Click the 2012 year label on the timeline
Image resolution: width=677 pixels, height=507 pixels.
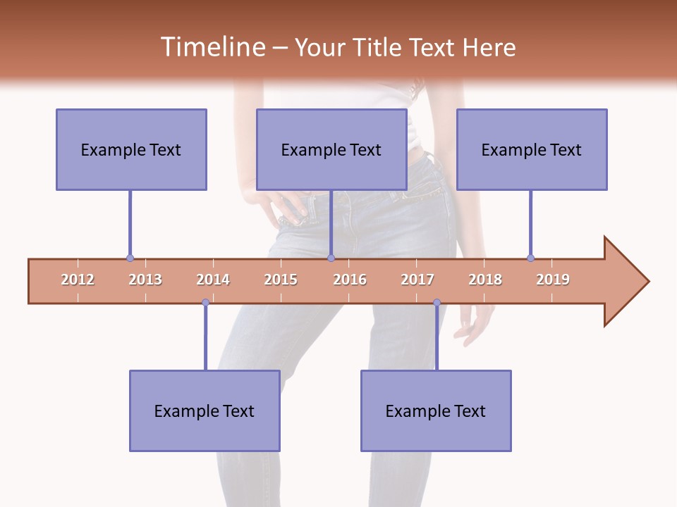point(78,280)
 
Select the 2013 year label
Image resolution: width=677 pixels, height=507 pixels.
point(145,280)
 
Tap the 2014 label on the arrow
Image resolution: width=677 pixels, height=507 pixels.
point(213,280)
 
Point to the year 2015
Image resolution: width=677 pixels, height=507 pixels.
point(281,280)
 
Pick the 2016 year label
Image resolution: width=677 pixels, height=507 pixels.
point(350,280)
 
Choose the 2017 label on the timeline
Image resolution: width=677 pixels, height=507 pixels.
point(417,280)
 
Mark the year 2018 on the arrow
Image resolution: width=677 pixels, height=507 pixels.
point(485,280)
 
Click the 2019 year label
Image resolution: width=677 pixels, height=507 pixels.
point(553,280)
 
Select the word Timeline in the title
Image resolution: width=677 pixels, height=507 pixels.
point(212,47)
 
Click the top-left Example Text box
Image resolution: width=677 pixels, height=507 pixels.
point(131,149)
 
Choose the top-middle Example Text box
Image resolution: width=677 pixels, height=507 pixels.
point(331,149)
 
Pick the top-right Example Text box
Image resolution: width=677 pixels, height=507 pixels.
point(532,149)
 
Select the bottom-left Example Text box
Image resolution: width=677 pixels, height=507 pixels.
point(205,411)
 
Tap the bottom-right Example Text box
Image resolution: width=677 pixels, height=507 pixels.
point(436,411)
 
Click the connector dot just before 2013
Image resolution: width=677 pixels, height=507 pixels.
point(130,258)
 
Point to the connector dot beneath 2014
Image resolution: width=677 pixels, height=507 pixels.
point(205,303)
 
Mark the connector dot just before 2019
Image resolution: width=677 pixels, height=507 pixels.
point(530,258)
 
